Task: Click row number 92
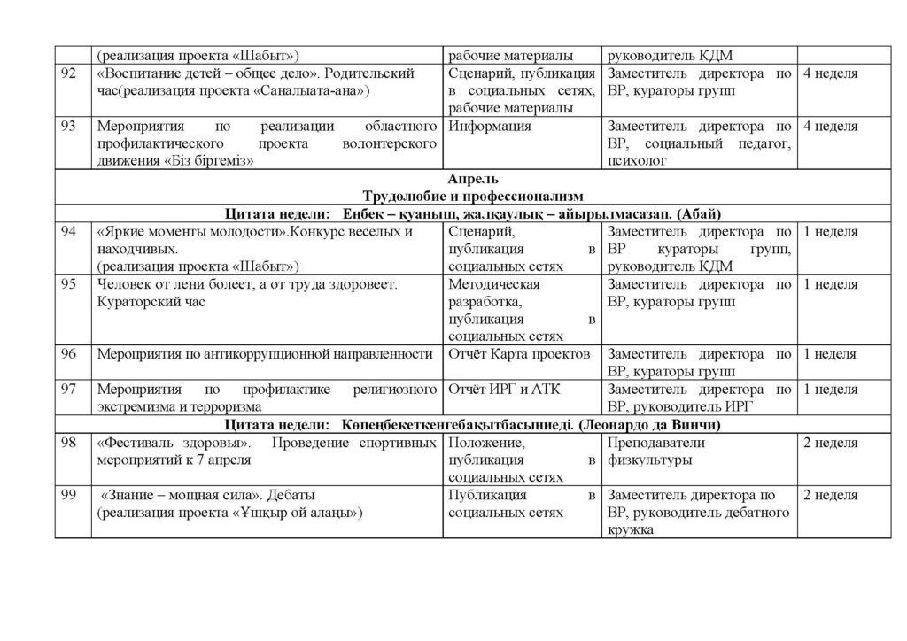click(x=68, y=74)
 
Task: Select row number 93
click(x=68, y=127)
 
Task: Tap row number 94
click(x=68, y=232)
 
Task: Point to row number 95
click(x=68, y=285)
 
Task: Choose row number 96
click(x=68, y=354)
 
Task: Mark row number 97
click(x=68, y=390)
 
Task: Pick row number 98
click(x=68, y=443)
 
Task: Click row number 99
click(x=68, y=495)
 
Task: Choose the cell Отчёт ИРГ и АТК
click(x=505, y=390)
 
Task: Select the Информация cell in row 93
click(x=490, y=127)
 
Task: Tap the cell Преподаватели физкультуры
click(x=656, y=451)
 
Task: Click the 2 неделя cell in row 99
click(x=829, y=495)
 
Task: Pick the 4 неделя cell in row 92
click(x=829, y=74)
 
